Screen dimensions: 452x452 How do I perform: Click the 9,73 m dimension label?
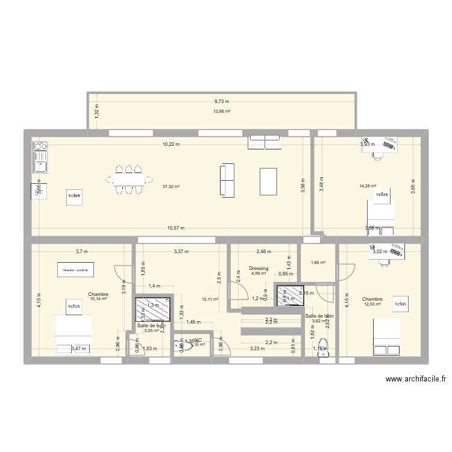tap(222, 102)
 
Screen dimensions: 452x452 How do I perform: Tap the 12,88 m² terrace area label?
tap(222, 111)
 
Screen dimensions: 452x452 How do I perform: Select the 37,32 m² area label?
tap(172, 187)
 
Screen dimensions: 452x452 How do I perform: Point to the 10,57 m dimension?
tap(175, 228)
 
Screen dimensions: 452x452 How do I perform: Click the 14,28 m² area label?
tap(368, 186)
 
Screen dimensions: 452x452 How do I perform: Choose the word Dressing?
tap(259, 269)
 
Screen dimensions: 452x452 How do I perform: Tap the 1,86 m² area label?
tap(318, 262)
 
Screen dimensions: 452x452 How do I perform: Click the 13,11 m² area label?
tap(210, 299)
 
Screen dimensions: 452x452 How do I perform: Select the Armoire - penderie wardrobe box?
tap(75, 270)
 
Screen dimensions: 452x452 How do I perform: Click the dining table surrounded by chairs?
tap(128, 179)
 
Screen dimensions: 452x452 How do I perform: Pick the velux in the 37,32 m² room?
tap(74, 195)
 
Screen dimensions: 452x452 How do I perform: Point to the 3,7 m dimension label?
tap(81, 251)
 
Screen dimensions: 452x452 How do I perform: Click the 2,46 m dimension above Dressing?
tap(264, 251)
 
